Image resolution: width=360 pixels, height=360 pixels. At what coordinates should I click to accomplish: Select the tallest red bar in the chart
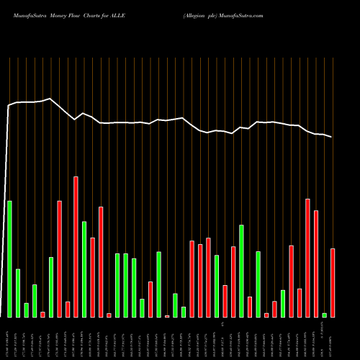[x=76, y=246]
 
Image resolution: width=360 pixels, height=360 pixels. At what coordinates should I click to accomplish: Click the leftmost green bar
[x=9, y=258]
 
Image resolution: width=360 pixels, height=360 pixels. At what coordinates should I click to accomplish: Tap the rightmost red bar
[x=333, y=282]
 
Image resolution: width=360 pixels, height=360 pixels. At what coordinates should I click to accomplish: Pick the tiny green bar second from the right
[x=325, y=315]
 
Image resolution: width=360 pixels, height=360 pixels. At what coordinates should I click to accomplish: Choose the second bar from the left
[x=18, y=292]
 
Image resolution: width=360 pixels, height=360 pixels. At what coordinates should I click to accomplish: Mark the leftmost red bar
[x=42, y=314]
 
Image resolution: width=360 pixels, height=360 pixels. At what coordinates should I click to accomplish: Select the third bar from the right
[x=316, y=264]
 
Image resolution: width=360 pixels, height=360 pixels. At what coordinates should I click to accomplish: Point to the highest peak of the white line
[x=50, y=99]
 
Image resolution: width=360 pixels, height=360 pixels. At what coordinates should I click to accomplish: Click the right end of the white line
[x=333, y=137]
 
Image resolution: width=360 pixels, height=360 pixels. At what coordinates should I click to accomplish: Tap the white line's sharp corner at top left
[x=9, y=106]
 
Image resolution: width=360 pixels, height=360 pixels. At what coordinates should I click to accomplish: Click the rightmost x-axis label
[x=333, y=338]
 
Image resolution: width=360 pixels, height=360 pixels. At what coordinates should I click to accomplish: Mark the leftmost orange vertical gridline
[x=9, y=187]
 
